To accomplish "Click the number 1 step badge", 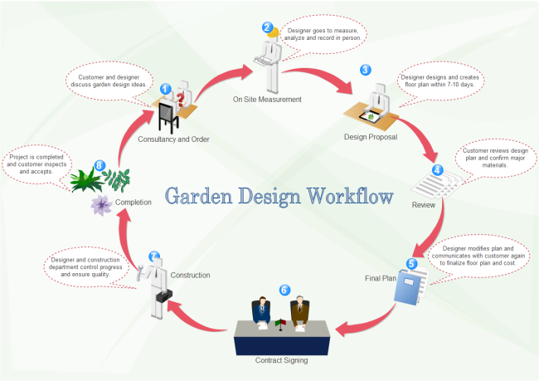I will click(x=165, y=89).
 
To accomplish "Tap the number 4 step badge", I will click(x=437, y=170).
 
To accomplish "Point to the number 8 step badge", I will click(x=100, y=165).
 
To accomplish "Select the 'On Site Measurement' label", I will click(x=267, y=99).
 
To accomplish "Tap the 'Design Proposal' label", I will click(x=371, y=136).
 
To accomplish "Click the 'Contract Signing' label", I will click(x=282, y=360).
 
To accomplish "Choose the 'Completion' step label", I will click(x=133, y=201).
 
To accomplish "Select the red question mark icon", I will click(x=178, y=100).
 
